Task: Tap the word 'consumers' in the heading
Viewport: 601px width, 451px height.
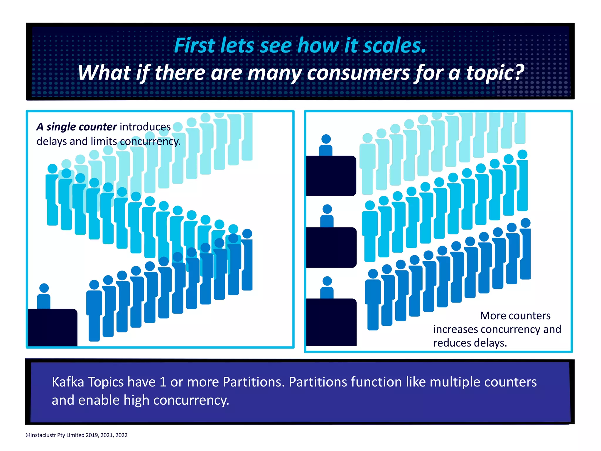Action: click(358, 72)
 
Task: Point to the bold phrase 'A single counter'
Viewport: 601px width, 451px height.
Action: click(77, 127)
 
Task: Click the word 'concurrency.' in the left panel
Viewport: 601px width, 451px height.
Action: click(150, 141)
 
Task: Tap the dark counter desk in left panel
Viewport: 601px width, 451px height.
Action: click(53, 327)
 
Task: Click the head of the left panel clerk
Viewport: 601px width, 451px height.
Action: click(44, 288)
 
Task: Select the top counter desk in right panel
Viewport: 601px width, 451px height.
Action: click(331, 175)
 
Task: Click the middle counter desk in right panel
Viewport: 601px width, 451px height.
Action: click(331, 247)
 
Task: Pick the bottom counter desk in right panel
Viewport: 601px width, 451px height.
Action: click(331, 322)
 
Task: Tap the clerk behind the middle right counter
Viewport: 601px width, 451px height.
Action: click(327, 216)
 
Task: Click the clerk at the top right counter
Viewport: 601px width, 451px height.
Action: click(326, 145)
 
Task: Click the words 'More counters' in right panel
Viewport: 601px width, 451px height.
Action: click(515, 316)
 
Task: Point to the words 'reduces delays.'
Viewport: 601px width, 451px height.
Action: click(470, 343)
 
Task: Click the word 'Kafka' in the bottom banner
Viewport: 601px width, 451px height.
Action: click(67, 382)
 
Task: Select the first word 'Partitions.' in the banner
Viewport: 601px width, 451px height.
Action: click(254, 382)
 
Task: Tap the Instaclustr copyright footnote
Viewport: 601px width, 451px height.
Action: click(77, 435)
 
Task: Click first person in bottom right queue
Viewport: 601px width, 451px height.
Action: click(373, 299)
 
